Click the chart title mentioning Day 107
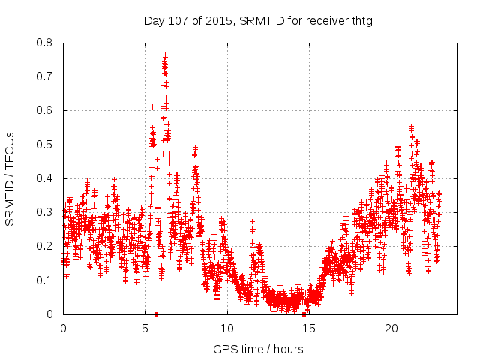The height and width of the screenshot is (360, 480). (x=258, y=21)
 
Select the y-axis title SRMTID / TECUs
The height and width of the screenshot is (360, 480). (x=10, y=178)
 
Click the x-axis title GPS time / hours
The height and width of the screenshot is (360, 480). (x=258, y=349)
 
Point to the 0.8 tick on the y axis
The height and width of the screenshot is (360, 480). (x=45, y=43)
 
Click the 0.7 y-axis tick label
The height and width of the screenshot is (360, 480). (x=45, y=76)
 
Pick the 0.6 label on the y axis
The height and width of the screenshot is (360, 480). (x=45, y=110)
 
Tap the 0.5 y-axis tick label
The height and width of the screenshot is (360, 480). (x=45, y=145)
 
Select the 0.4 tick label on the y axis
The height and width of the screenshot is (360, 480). (x=45, y=178)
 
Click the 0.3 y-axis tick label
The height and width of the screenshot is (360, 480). (x=45, y=212)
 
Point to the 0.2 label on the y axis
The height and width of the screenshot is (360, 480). (x=45, y=246)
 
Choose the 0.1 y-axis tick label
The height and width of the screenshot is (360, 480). (x=45, y=280)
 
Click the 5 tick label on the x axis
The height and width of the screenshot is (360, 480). (x=145, y=328)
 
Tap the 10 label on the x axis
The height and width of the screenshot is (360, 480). (x=226, y=328)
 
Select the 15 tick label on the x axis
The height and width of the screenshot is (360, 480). (x=308, y=328)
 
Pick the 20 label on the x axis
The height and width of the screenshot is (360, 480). (x=391, y=328)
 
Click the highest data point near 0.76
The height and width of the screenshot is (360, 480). (x=165, y=55)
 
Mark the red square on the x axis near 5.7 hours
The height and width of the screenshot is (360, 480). (x=156, y=313)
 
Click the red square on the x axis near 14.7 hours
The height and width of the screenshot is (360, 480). (x=304, y=313)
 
